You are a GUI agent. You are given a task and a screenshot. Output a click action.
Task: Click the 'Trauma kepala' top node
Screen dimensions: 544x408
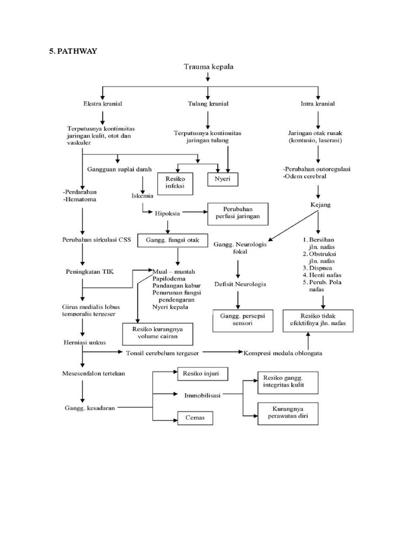[208, 67]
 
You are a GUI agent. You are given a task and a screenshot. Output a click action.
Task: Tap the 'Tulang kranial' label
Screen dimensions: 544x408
[208, 104]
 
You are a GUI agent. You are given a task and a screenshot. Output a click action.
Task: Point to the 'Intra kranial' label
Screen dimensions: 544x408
[317, 104]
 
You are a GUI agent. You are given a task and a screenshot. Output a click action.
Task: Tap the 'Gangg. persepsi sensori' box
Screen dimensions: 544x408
[239, 319]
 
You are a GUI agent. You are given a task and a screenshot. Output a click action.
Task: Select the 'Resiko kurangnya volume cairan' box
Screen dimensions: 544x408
[158, 332]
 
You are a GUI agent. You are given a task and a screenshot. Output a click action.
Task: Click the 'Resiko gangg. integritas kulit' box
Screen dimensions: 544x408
[288, 381]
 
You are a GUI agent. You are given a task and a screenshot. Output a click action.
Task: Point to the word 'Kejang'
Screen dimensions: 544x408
[318, 203]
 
